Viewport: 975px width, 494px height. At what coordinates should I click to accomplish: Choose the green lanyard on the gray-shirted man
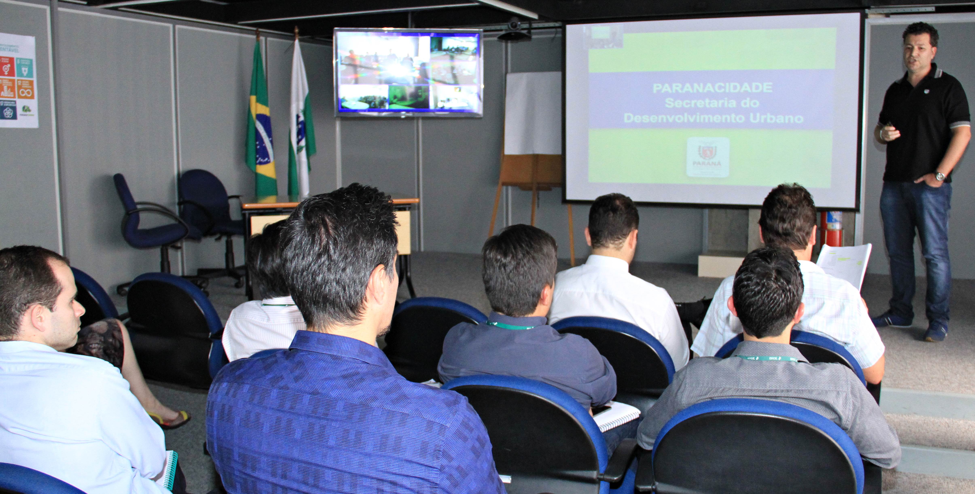point(766,358)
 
